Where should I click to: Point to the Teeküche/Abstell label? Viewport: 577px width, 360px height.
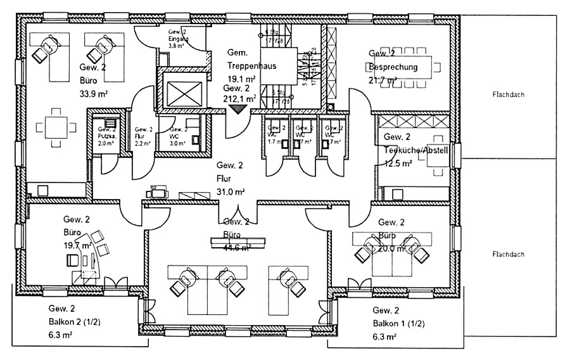pos(416,150)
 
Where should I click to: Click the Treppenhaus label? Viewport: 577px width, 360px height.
pos(252,65)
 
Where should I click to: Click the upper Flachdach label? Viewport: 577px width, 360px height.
pos(509,96)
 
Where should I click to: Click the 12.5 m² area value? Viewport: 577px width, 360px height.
pos(398,164)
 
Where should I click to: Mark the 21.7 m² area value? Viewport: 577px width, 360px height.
pos(383,80)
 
